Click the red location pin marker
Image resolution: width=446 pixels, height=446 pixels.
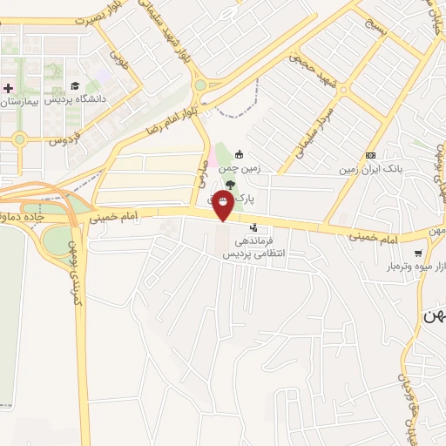point(224,204)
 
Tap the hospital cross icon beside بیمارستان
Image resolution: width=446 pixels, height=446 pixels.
point(8,88)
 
